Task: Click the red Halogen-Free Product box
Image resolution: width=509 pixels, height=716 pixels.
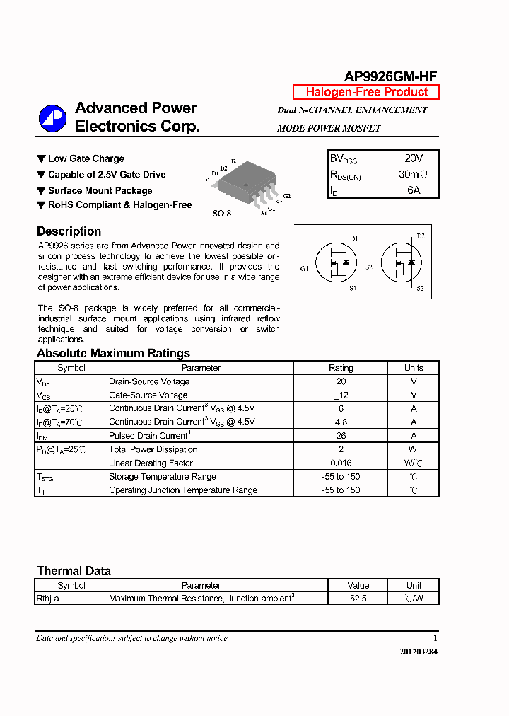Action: click(366, 92)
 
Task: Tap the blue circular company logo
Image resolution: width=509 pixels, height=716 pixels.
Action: click(52, 118)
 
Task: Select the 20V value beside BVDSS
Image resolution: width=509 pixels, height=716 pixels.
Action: click(414, 158)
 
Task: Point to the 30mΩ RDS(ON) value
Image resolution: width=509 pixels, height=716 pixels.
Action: click(414, 174)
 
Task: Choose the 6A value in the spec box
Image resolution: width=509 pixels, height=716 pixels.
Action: click(414, 190)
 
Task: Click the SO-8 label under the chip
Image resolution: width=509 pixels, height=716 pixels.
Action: click(222, 213)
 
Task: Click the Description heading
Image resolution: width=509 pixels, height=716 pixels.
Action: click(69, 231)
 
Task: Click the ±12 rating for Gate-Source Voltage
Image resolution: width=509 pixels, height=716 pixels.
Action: click(340, 395)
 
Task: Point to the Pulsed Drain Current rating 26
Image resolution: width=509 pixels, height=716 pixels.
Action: click(340, 436)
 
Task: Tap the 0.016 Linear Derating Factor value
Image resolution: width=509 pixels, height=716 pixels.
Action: click(340, 463)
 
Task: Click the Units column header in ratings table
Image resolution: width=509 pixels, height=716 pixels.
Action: click(414, 368)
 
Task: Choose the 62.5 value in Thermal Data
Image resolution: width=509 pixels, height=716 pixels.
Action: click(358, 599)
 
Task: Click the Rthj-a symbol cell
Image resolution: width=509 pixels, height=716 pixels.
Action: click(48, 599)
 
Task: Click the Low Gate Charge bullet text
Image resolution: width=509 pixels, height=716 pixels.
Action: click(86, 158)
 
